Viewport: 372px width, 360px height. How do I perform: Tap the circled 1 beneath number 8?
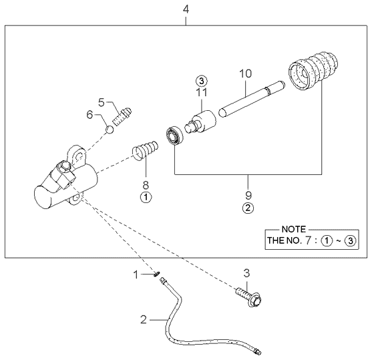coord(145,197)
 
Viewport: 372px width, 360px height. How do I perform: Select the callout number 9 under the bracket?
coord(248,195)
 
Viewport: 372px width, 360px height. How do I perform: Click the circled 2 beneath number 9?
coord(248,208)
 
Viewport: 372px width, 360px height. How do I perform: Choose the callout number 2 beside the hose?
coord(143,320)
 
